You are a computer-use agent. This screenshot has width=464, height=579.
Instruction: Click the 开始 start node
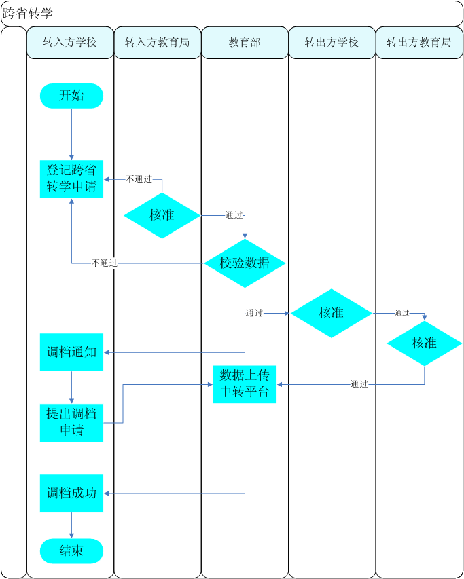[x=71, y=96]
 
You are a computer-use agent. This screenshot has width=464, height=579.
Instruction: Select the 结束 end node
[x=71, y=550]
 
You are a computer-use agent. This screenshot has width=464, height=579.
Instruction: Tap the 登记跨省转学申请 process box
[x=71, y=179]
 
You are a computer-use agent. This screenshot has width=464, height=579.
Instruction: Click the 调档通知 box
[x=71, y=352]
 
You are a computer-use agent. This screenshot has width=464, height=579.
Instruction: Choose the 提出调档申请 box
[x=71, y=422]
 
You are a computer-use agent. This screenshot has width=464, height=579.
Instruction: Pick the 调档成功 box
[x=71, y=493]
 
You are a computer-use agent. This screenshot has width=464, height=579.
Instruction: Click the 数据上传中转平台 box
[x=245, y=384]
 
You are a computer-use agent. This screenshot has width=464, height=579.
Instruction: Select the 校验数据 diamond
[x=245, y=263]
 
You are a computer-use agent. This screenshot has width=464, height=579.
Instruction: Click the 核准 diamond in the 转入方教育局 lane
[x=162, y=215]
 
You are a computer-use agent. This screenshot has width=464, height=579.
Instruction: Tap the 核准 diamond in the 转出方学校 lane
[x=332, y=313]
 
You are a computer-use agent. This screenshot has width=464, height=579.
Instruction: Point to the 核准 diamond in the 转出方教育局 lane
[x=425, y=343]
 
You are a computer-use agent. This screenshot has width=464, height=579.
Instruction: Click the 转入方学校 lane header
[x=70, y=43]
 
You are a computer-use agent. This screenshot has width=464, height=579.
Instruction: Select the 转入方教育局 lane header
[x=158, y=43]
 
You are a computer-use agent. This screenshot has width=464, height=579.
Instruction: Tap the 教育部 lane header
[x=245, y=43]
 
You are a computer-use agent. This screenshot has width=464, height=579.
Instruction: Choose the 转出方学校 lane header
[x=332, y=43]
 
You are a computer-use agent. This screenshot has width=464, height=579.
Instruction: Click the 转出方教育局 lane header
[x=419, y=43]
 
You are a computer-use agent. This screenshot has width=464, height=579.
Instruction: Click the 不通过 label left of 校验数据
[x=105, y=263]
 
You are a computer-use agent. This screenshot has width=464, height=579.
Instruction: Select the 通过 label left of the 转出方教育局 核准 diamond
[x=401, y=313]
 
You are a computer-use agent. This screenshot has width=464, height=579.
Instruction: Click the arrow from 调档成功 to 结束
[x=71, y=525]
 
